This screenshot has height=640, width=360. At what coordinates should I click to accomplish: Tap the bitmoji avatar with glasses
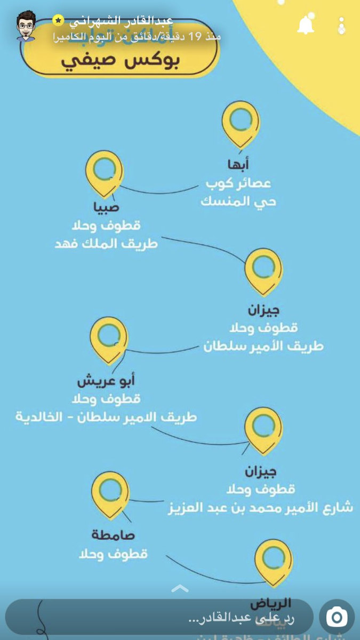click(x=25, y=25)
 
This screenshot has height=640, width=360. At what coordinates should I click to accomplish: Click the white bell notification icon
click(x=306, y=25)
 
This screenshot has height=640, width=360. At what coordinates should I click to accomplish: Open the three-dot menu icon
click(x=342, y=26)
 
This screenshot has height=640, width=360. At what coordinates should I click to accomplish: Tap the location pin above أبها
click(x=241, y=124)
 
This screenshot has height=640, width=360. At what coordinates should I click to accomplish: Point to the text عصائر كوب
click(x=238, y=183)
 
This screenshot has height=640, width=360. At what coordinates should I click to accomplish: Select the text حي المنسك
click(x=238, y=202)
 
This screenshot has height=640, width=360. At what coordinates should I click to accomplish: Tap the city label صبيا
click(x=106, y=207)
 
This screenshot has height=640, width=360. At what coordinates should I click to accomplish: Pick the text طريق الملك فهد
click(x=106, y=244)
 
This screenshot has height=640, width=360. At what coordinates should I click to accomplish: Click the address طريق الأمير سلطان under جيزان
click(x=263, y=346)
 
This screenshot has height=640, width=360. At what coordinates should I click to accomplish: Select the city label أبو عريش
click(x=106, y=381)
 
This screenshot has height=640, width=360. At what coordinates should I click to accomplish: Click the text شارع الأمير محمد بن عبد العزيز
click(x=260, y=507)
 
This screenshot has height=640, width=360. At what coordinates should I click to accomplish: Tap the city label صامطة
click(x=113, y=535)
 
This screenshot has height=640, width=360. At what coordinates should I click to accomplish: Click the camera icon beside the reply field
click(x=337, y=617)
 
